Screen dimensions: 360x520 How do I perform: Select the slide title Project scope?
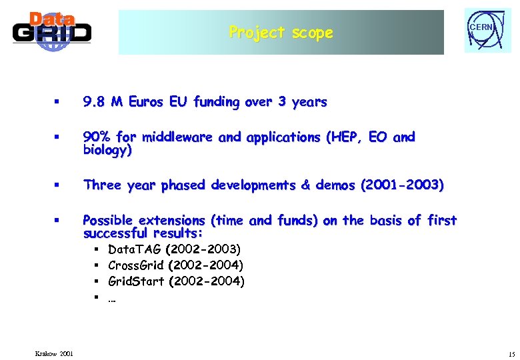281,32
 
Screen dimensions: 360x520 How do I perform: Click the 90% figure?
97,137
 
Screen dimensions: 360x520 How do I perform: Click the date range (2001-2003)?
401,185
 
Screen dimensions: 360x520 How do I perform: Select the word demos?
337,185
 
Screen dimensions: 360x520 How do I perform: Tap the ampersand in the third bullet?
305,185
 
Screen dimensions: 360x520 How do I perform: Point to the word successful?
115,233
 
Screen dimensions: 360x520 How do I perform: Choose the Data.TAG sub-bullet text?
174,249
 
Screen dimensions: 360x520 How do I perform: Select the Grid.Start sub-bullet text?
176,281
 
